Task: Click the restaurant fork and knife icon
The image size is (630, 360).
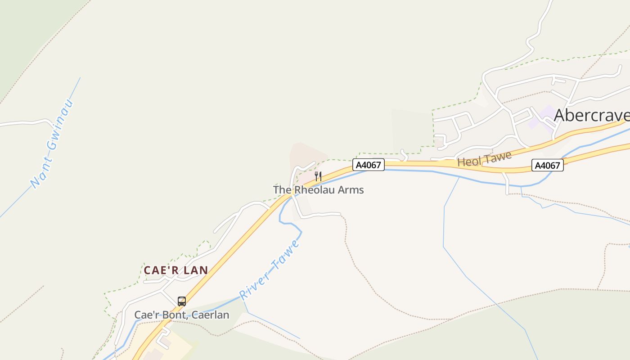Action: point(318,176)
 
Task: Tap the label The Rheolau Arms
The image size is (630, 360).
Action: point(318,190)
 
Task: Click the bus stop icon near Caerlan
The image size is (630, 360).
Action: point(182,301)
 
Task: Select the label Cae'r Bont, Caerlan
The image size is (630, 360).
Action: point(182,315)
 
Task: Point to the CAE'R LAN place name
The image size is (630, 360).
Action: point(176,270)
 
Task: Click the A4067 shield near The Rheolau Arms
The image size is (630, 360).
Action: point(369,165)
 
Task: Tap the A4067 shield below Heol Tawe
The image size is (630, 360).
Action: point(547,166)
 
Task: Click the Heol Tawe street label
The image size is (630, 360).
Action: point(485,159)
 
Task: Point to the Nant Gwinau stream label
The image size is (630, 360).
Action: point(52,144)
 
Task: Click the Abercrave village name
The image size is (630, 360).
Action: point(591,115)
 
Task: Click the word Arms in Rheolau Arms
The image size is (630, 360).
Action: point(351,190)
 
